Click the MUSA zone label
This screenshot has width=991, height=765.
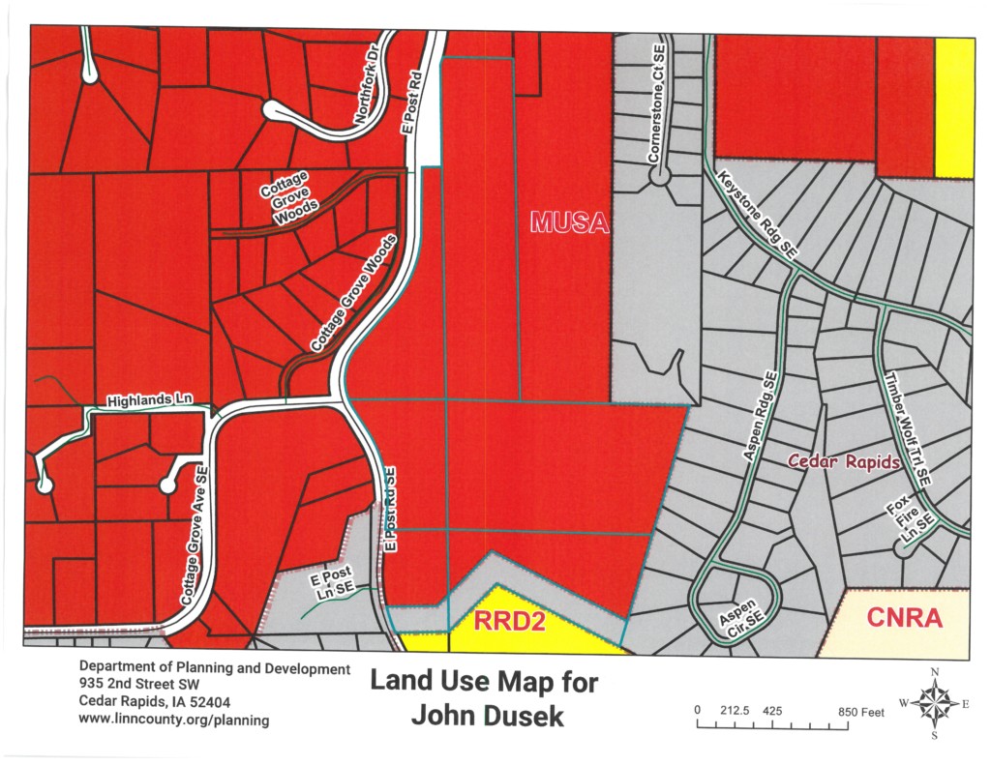pos(570,224)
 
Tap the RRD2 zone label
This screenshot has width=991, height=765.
pos(511,621)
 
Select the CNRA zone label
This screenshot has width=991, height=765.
pos(905,618)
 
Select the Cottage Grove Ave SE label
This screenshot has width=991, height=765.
pos(195,536)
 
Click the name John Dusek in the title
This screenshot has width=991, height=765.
pos(483,717)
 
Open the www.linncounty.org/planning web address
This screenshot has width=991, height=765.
pos(174,720)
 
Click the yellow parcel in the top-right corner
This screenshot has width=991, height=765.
pos(954,107)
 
